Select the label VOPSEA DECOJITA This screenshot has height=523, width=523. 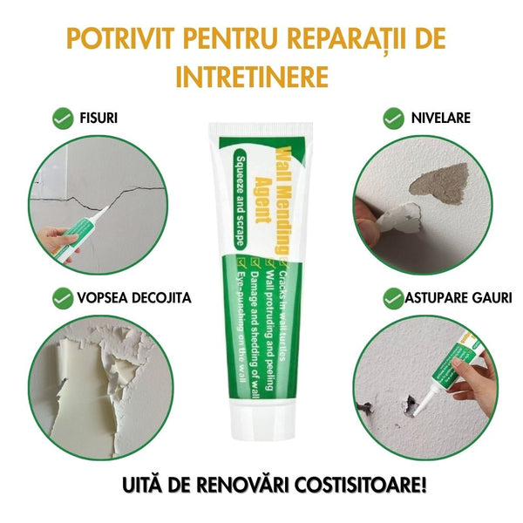133,298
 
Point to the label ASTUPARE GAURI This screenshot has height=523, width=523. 458,298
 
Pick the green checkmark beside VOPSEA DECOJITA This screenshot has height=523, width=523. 63,298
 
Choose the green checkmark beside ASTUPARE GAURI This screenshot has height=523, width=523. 394,298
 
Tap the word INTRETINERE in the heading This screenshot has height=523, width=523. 253,76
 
